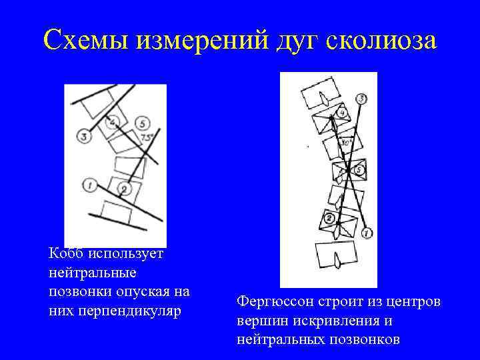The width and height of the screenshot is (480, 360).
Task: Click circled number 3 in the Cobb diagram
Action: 83,137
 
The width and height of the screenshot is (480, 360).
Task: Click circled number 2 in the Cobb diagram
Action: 125,190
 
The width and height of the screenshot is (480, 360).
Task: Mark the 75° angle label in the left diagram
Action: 147,137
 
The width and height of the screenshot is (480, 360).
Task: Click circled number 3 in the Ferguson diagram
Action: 361,99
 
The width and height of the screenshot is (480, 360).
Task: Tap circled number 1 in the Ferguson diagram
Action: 367,233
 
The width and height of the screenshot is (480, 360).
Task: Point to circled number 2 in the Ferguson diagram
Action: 329,219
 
